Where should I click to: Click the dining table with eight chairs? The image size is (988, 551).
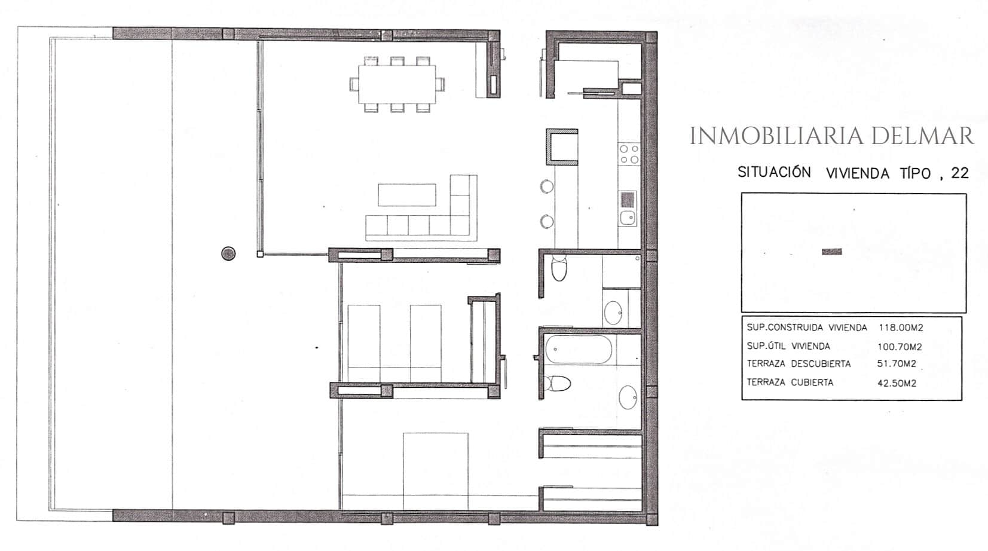tap(397, 84)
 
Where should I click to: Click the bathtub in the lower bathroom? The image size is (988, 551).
tap(579, 350)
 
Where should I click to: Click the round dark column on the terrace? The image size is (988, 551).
tap(228, 253)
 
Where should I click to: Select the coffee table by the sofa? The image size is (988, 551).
tap(406, 195)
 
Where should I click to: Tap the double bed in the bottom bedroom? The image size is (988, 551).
tap(435, 471)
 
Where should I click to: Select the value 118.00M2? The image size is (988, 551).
tap(901, 327)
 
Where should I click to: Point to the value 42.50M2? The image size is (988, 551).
tap(897, 383)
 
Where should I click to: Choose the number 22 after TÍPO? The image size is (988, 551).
tap(960, 173)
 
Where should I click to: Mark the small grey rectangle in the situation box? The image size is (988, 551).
tap(832, 252)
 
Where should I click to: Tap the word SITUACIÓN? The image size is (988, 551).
tap(774, 172)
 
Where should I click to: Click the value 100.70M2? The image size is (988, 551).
tap(900, 347)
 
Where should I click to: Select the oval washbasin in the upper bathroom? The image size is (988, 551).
tap(613, 313)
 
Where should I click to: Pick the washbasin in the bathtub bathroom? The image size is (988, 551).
tap(628, 397)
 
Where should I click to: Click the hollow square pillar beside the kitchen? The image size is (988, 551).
tap(562, 147)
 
